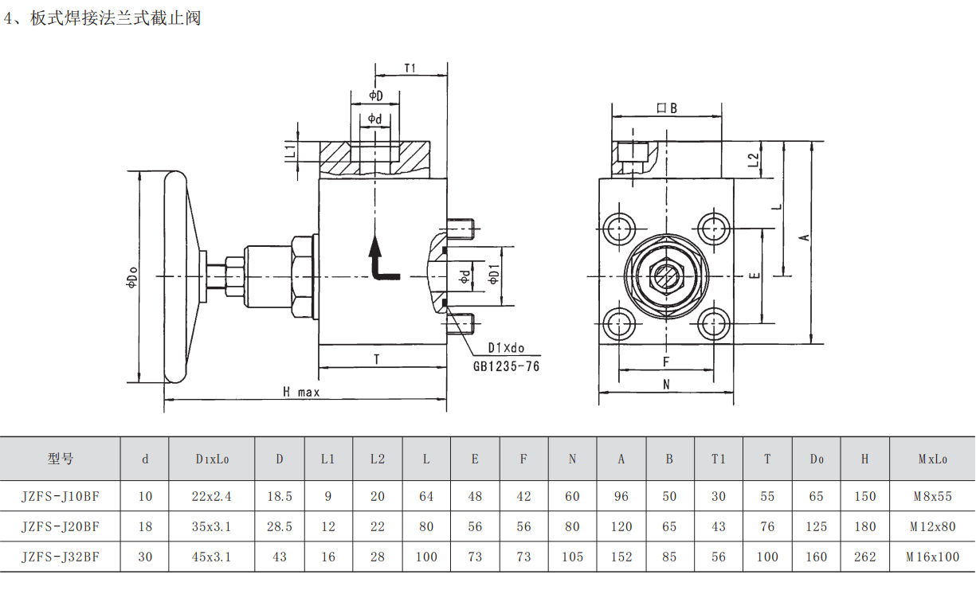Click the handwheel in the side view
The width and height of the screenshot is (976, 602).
[176, 276]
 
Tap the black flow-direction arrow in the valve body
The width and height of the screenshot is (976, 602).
[380, 260]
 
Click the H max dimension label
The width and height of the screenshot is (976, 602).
[301, 392]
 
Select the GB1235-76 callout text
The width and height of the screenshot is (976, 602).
[506, 366]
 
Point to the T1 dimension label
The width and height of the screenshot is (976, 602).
[410, 68]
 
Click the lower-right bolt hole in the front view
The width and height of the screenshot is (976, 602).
[713, 323]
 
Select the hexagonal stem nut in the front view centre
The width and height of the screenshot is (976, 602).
[666, 277]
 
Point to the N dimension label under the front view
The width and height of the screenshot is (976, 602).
[667, 385]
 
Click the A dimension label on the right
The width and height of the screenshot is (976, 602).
[805, 236]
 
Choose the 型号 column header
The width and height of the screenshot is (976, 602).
[60, 459]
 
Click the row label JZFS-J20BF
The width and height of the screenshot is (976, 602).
[60, 526]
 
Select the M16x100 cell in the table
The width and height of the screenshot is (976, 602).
[931, 557]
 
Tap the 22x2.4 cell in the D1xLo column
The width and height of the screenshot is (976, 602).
[211, 496]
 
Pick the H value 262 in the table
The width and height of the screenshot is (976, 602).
[864, 557]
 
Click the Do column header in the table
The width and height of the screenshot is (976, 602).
[817, 459]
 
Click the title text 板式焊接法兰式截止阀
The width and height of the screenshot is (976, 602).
[115, 18]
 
